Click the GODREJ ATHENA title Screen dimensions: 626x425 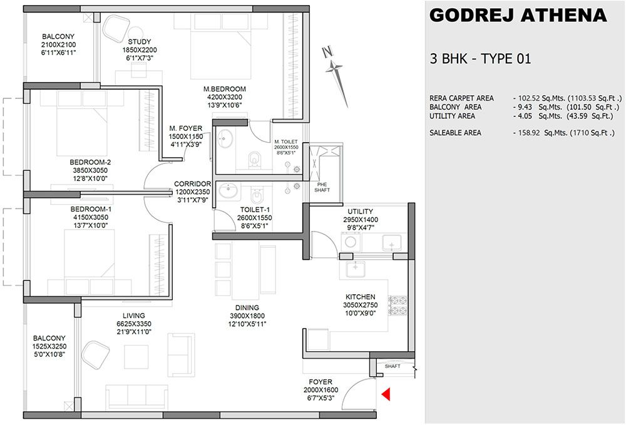[x=518, y=16]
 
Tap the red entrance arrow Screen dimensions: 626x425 [x=386, y=394]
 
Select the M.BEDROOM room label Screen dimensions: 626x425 [x=224, y=89]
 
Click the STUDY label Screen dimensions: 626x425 [x=140, y=41]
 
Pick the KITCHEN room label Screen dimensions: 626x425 [x=360, y=297]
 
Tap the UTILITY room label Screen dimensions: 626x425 [x=360, y=212]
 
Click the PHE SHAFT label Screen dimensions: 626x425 [x=322, y=187]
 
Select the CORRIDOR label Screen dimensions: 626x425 [x=192, y=184]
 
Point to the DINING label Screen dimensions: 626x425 [x=247, y=308]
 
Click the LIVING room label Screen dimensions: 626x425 [x=134, y=315]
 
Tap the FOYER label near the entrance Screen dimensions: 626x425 [x=320, y=382]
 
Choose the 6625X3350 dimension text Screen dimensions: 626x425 [x=134, y=324]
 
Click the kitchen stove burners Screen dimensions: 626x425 [x=398, y=305]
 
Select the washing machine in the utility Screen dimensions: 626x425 [x=351, y=242]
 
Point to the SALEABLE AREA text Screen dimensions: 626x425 [x=455, y=133]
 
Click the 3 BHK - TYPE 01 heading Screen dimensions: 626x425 [x=480, y=59]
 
